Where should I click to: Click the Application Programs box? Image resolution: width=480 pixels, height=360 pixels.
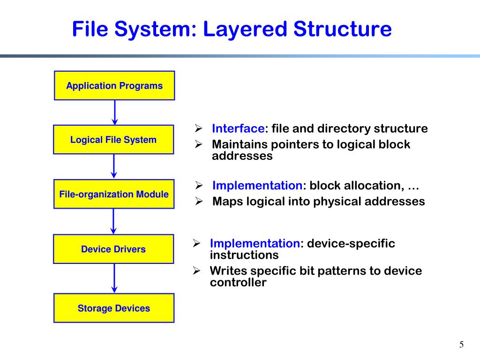coord(114,86)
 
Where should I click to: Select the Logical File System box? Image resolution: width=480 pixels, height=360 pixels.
coord(113,140)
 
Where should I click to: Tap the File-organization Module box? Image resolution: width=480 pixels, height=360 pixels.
coord(114,194)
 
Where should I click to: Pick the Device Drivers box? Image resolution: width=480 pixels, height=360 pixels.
coord(113,249)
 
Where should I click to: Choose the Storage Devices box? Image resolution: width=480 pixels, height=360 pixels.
coord(114,308)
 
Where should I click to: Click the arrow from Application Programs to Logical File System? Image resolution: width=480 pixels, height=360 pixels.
coord(115,112)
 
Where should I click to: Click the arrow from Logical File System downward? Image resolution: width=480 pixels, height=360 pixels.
coord(114,166)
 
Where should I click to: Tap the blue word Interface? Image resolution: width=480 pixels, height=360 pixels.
coord(238,129)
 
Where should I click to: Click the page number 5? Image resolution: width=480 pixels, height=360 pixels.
coord(461,345)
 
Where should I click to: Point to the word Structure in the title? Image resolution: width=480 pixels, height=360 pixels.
coord(343,29)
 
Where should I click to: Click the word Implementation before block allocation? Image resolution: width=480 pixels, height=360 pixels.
coord(257,186)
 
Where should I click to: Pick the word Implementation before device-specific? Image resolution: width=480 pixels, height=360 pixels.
coord(255,244)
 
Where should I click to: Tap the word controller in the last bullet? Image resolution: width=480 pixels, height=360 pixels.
coord(238,283)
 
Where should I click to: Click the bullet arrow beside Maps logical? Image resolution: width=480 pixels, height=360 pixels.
coord(198,202)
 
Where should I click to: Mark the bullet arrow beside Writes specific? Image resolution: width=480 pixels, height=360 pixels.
coord(197,271)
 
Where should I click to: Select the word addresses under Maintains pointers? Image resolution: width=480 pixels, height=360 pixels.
coord(242,156)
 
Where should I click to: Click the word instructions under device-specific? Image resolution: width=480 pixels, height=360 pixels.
coord(244,255)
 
